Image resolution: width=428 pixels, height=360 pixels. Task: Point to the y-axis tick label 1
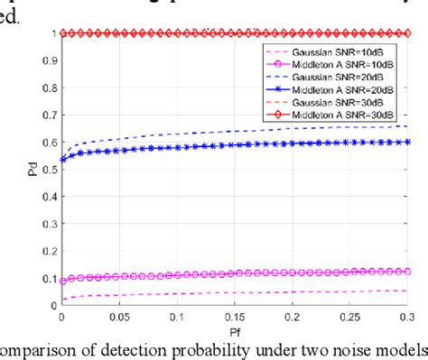(52, 34)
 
